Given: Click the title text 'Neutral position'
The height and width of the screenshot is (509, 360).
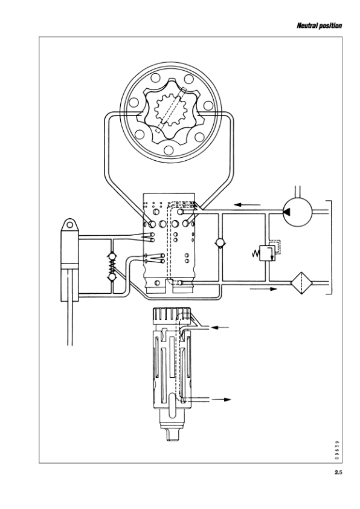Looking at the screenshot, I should click(x=320, y=26).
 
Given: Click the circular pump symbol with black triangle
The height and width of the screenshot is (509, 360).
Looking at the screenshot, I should click(x=297, y=210).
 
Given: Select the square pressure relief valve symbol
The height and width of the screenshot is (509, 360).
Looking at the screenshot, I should click(x=265, y=252).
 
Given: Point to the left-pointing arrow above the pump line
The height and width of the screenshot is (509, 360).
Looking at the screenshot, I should click(x=248, y=204).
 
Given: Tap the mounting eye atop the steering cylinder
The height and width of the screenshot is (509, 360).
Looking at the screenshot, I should click(x=71, y=225).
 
